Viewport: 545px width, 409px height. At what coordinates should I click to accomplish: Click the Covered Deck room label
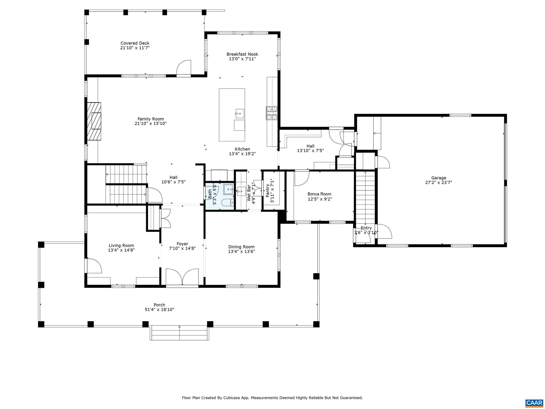(x=135, y=43)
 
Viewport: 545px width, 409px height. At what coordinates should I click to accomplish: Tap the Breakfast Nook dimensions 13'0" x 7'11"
(x=242, y=59)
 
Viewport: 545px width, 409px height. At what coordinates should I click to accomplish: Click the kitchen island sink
(x=240, y=113)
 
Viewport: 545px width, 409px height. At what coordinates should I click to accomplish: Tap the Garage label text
(x=439, y=178)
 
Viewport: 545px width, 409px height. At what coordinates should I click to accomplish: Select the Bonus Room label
(x=319, y=194)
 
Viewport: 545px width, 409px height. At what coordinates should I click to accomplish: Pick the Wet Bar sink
(x=241, y=191)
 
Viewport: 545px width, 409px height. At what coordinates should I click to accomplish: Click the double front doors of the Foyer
(x=182, y=277)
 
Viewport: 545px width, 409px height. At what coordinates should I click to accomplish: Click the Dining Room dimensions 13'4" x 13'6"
(x=241, y=251)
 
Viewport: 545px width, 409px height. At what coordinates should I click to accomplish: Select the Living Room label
(x=121, y=246)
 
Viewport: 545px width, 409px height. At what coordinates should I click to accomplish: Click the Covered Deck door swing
(x=184, y=67)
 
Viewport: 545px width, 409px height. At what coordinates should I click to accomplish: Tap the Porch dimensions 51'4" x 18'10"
(x=159, y=310)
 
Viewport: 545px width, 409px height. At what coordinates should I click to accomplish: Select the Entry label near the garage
(x=366, y=228)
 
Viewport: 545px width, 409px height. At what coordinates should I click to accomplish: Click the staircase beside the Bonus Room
(x=365, y=197)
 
